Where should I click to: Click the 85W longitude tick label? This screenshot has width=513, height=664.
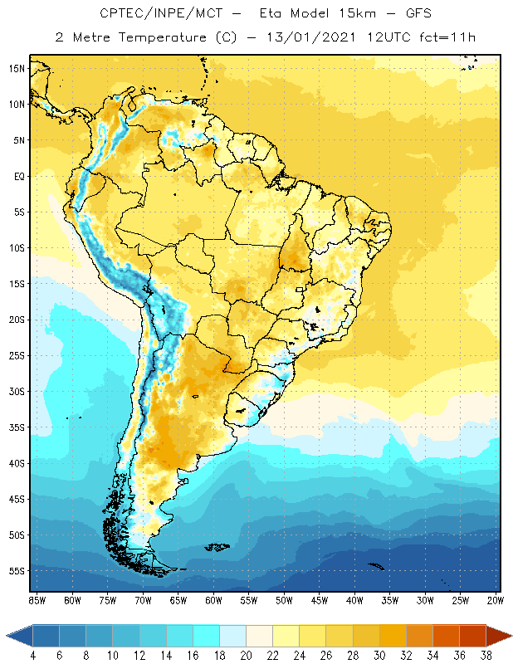tap(37, 599)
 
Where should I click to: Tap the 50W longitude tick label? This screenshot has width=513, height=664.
tap(285, 599)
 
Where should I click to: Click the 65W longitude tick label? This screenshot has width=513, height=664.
tap(178, 599)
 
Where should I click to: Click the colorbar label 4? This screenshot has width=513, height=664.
tap(33, 656)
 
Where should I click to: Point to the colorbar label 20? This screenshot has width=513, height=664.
tap(246, 656)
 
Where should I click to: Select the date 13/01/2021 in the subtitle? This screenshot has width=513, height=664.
tap(309, 37)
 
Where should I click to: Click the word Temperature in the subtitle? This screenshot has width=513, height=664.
tap(169, 37)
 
